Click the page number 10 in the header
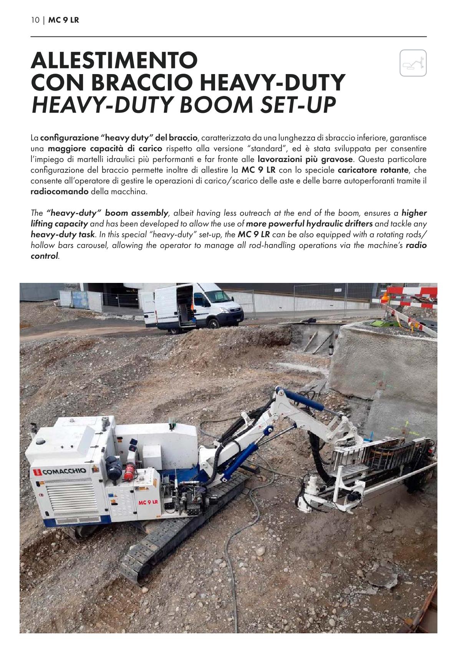(x=35, y=20)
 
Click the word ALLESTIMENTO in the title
(x=114, y=60)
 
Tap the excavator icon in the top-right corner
(x=413, y=63)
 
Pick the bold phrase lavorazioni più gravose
(x=305, y=159)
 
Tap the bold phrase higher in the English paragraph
(x=414, y=213)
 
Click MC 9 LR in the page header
(x=64, y=20)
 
